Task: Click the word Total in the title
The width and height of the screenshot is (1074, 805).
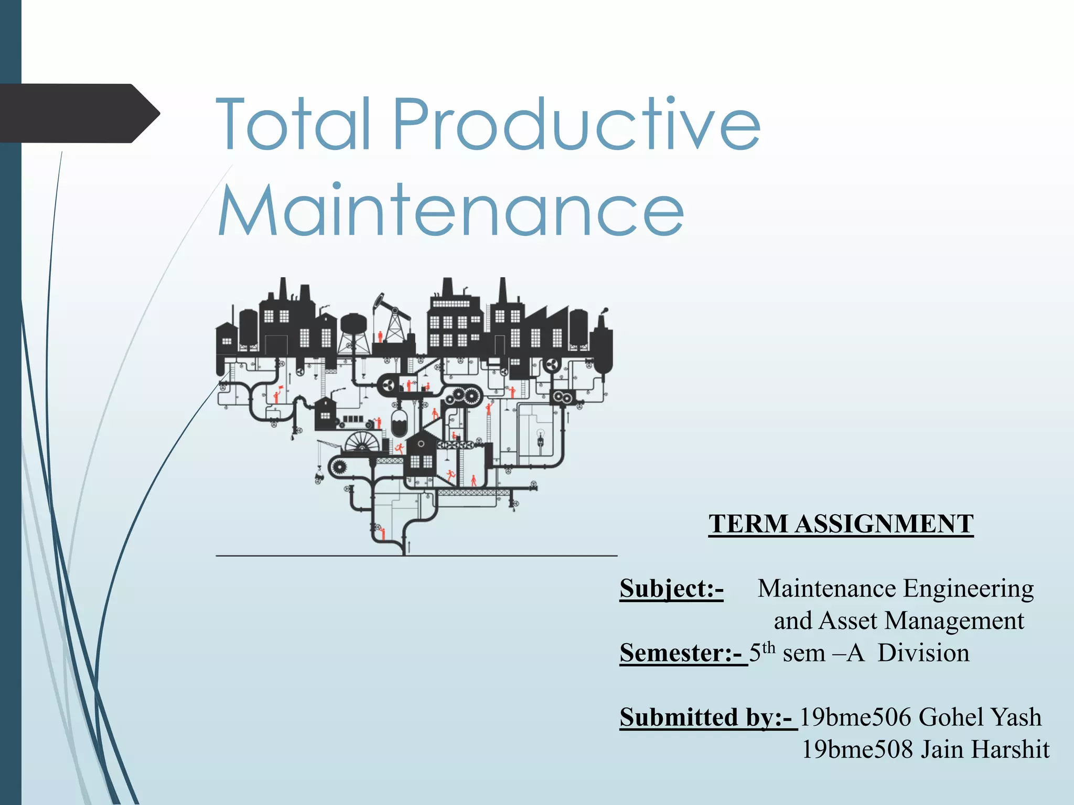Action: coord(294,125)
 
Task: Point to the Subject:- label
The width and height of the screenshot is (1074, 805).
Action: coord(671,589)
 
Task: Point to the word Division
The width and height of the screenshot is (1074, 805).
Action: coord(923,653)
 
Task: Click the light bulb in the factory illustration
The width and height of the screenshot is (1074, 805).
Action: coord(541,435)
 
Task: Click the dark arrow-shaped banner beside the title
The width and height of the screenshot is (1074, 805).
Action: coord(79,113)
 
